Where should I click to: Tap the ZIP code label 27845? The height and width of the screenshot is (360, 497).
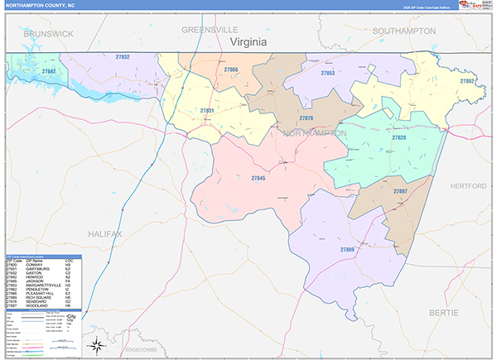point(258,178)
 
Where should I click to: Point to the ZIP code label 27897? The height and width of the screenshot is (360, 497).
point(400,191)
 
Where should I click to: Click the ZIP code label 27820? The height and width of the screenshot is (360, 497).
point(398,137)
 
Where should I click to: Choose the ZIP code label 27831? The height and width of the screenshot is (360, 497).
point(207,110)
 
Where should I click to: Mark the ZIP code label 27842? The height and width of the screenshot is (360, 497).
point(49,72)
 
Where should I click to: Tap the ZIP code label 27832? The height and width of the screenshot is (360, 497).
point(123,56)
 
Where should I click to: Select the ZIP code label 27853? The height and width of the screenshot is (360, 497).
point(328,73)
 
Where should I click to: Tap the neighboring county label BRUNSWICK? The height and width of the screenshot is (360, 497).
point(49,32)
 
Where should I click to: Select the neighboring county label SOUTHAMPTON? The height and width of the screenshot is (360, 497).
point(404,31)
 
